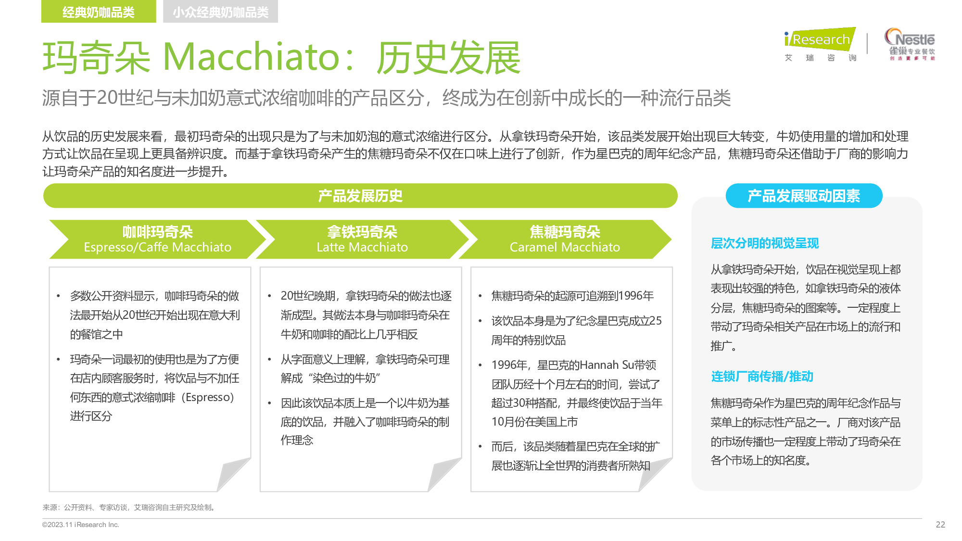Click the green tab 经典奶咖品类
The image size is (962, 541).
point(99,12)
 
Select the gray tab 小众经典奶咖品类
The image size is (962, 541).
point(220,12)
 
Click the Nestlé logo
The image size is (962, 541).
point(910,44)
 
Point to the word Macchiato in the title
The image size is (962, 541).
point(252,57)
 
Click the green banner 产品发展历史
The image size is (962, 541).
point(360,196)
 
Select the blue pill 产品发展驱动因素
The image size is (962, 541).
point(804,196)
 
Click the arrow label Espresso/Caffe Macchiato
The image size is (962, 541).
point(157,247)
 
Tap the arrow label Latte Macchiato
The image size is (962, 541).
point(362,247)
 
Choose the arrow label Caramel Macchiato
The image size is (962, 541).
point(565,247)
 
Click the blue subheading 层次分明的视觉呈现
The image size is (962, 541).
point(765,243)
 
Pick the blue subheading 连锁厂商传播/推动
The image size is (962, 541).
point(762,377)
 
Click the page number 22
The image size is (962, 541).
point(940,525)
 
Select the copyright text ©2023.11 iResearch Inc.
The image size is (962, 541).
point(80,525)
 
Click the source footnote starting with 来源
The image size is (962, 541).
point(129,507)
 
